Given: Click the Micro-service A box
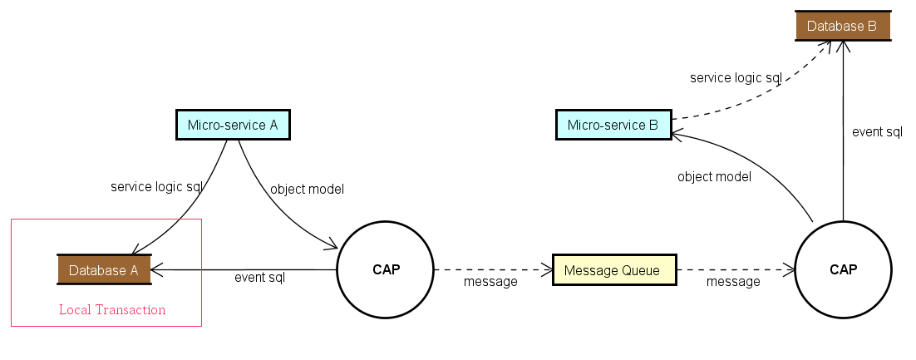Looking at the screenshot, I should tap(233, 125).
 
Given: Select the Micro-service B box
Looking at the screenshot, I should tap(613, 126).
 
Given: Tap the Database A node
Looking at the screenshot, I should tap(103, 269).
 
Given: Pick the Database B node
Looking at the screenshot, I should tap(842, 26).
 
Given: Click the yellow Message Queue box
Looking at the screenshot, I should tap(614, 270).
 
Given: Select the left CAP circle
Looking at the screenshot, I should tap(385, 269).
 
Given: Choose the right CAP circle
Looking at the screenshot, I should tap(843, 269).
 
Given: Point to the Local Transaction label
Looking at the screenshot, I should tap(112, 310).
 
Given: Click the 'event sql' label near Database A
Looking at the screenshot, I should tap(259, 278).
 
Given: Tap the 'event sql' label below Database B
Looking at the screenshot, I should tap(877, 131).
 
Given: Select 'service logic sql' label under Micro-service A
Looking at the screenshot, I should tap(156, 187).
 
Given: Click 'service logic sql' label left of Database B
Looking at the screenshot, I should tap(736, 78).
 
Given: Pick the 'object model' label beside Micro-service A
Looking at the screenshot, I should tap(307, 189).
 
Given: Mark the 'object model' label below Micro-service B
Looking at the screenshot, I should tap(714, 176).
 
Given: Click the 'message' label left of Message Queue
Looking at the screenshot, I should tap(490, 281).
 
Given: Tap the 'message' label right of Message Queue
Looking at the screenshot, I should tap(733, 282).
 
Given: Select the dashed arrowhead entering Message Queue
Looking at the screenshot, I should tap(547, 269).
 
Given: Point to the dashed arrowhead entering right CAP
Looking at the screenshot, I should tap(790, 269).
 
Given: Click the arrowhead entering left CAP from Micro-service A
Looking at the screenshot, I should tap(332, 245).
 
